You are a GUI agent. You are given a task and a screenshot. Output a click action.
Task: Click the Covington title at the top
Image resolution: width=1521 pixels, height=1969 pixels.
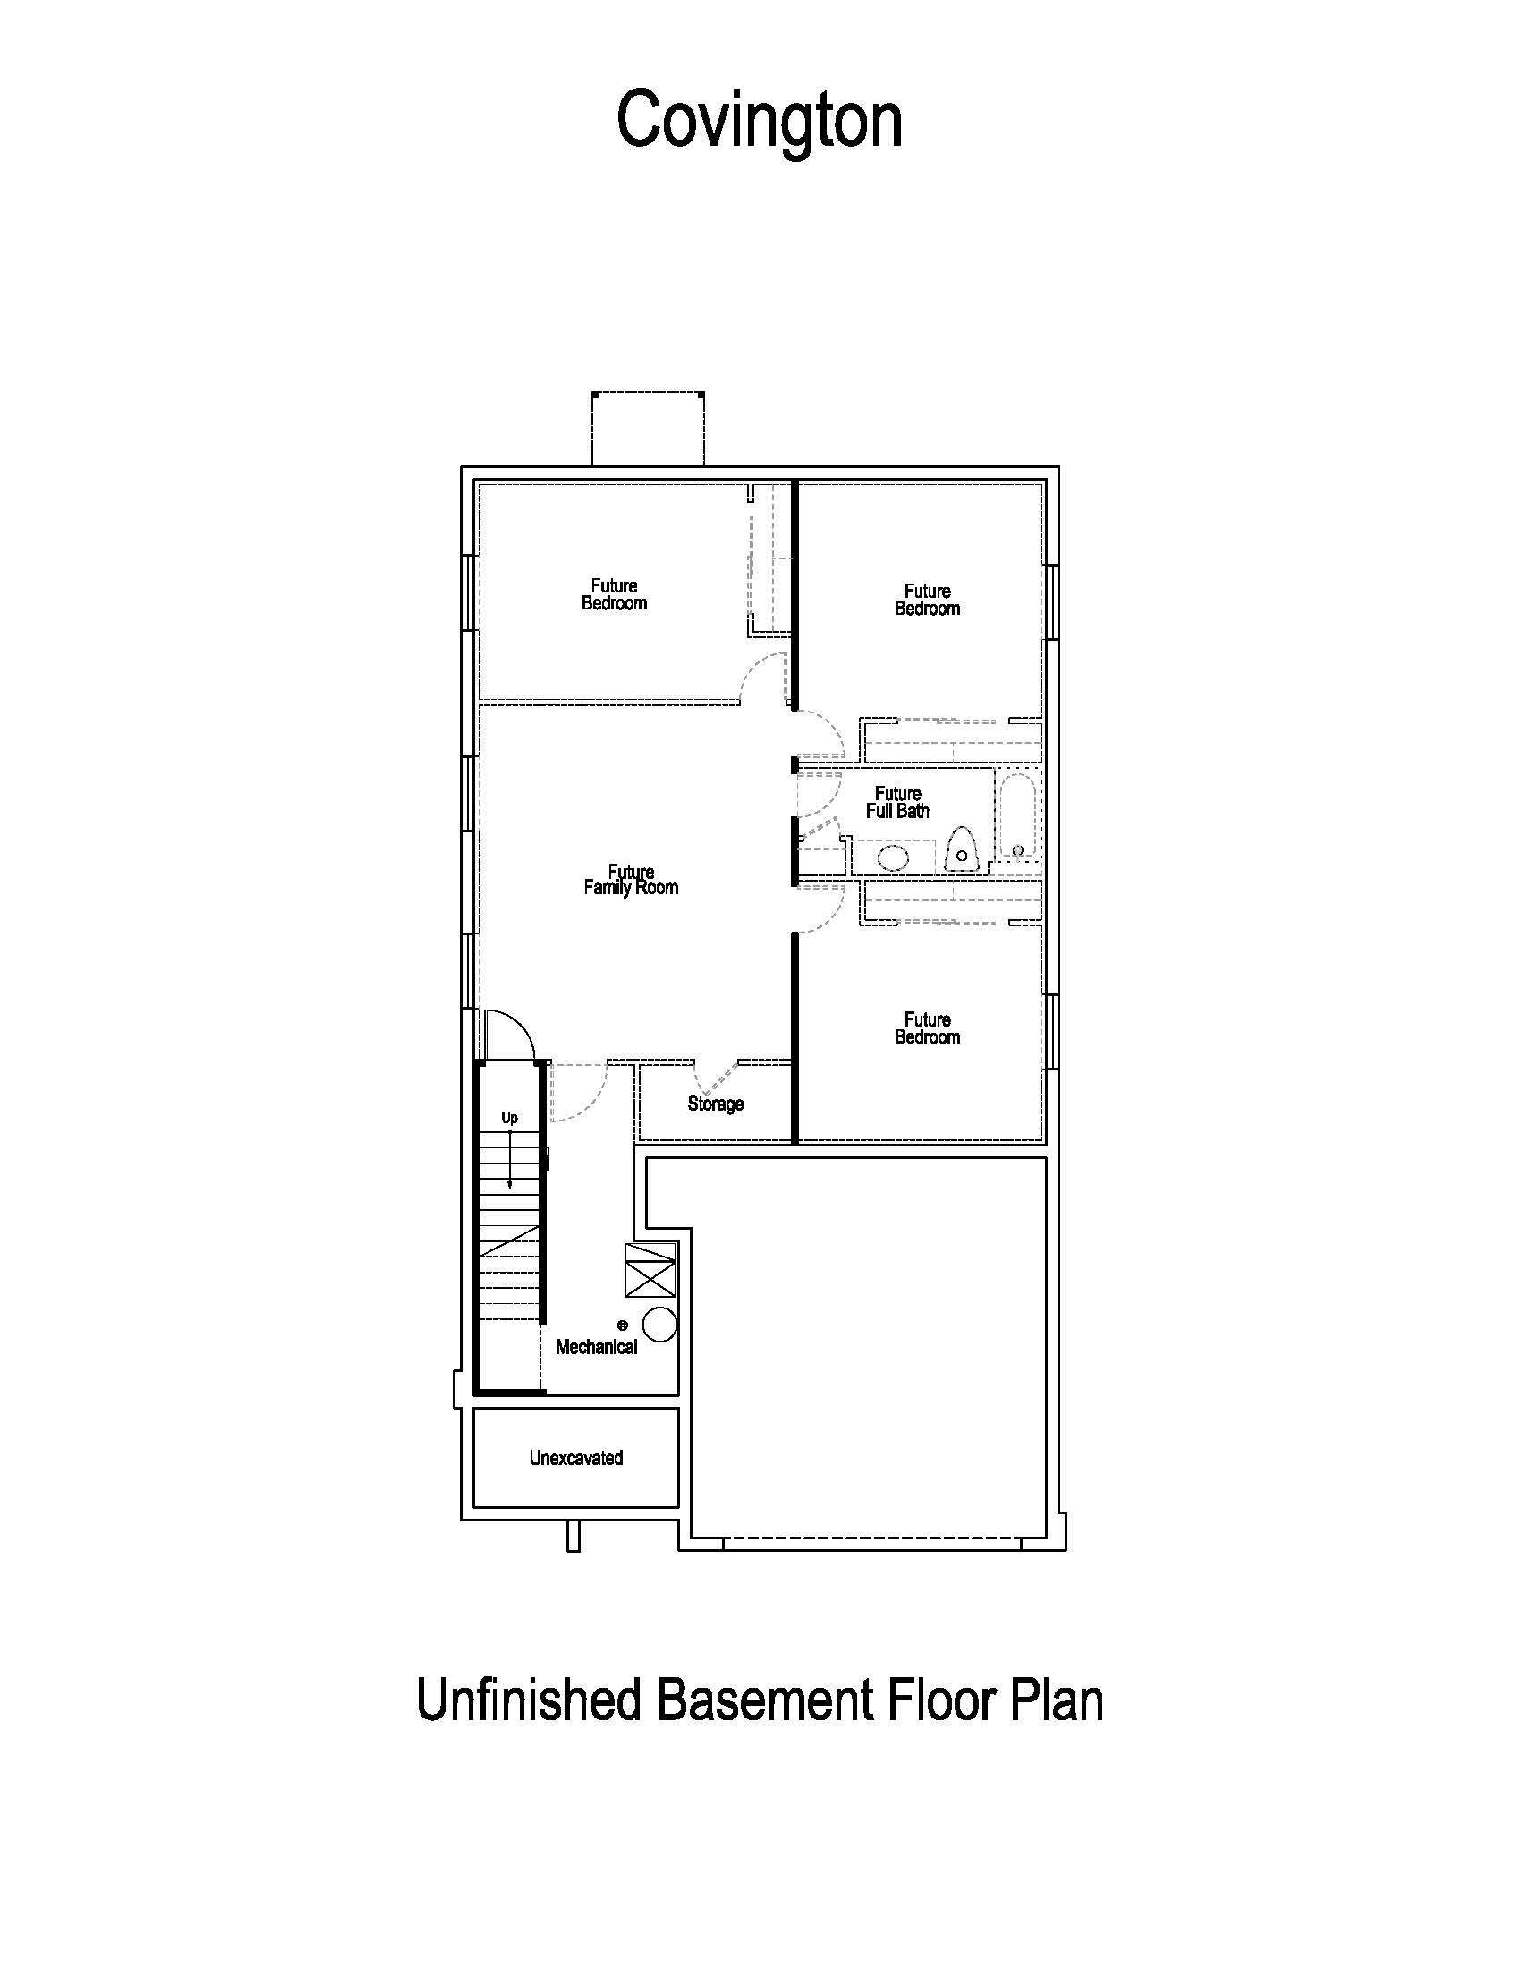click(x=759, y=121)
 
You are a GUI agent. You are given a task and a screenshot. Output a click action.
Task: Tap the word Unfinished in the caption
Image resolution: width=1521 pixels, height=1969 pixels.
click(x=528, y=1699)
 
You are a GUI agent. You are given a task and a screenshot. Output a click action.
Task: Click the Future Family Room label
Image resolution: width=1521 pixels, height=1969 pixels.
click(x=631, y=879)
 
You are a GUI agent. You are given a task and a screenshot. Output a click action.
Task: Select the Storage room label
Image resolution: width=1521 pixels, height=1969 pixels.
click(x=716, y=1104)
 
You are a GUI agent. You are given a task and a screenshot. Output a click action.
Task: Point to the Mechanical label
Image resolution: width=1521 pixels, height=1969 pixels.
click(x=596, y=1347)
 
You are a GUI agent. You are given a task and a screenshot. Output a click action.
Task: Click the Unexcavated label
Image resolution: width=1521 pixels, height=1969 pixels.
click(x=576, y=1458)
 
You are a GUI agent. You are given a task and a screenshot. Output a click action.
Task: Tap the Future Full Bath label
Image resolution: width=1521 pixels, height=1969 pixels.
click(x=897, y=802)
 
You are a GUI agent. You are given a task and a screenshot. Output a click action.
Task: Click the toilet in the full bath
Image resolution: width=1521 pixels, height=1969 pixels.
click(x=962, y=849)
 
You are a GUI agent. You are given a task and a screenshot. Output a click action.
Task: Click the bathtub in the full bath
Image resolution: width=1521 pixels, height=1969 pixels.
click(x=1017, y=815)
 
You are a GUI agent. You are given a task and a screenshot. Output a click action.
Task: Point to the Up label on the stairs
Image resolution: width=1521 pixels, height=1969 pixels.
click(x=509, y=1118)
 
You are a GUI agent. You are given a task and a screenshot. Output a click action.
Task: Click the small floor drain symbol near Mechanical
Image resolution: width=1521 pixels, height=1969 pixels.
click(x=622, y=1325)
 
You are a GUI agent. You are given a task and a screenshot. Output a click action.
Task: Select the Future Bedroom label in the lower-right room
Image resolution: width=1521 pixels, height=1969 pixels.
click(x=927, y=1027)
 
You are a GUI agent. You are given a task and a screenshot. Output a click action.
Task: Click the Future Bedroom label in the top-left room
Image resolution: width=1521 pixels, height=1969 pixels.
click(x=614, y=594)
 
